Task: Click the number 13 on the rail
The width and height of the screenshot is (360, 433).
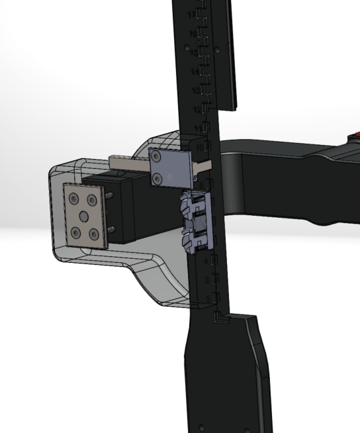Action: [x=195, y=90]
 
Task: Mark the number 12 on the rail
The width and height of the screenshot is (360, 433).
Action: [x=197, y=109]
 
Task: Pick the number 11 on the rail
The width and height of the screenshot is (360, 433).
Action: [x=197, y=127]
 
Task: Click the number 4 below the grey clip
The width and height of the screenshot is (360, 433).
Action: [x=206, y=262]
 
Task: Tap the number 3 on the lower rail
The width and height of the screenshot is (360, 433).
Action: [x=206, y=281]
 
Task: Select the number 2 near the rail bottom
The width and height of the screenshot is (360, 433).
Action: [x=208, y=300]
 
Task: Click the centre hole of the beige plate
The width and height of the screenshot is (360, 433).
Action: [x=84, y=216]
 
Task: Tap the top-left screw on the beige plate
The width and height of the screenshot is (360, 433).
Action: [x=73, y=199]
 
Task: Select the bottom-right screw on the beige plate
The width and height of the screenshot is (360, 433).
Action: [x=94, y=234]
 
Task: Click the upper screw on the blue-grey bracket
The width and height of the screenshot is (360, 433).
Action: [x=156, y=156]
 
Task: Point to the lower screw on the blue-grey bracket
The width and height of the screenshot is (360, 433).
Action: [x=158, y=177]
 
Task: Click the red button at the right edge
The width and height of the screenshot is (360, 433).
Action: [x=355, y=139]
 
